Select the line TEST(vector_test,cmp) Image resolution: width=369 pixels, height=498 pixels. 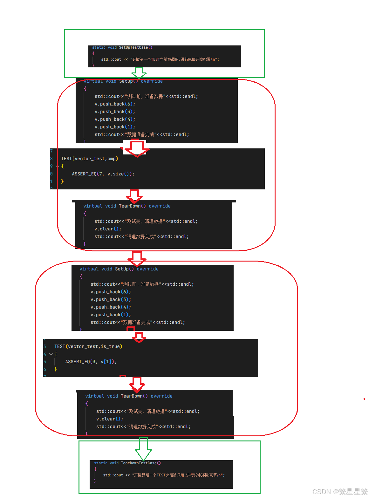pyautogui.click(x=89, y=159)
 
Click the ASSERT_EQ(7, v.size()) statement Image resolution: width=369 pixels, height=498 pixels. pyautogui.click(x=103, y=174)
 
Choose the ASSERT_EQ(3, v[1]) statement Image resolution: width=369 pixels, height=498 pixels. pyautogui.click(x=91, y=362)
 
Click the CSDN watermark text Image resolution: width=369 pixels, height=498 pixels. pyautogui.click(x=339, y=491)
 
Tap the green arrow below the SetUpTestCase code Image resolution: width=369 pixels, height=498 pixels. pyautogui.click(x=139, y=73)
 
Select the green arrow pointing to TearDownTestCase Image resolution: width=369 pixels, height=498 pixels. pyautogui.click(x=143, y=449)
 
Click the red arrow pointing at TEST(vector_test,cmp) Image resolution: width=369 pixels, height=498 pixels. pyautogui.click(x=137, y=149)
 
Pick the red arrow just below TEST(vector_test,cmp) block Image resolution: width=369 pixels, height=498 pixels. pyautogui.click(x=134, y=196)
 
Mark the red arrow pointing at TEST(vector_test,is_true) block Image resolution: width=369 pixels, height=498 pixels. pyautogui.click(x=139, y=338)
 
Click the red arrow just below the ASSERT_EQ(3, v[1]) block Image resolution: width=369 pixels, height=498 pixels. pyautogui.click(x=137, y=385)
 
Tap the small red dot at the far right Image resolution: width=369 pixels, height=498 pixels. pyautogui.click(x=364, y=399)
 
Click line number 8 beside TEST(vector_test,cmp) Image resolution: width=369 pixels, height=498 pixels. pyautogui.click(x=51, y=159)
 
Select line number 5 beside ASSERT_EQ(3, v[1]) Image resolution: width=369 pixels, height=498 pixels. pyautogui.click(x=45, y=362)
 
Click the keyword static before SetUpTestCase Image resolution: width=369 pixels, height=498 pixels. pyautogui.click(x=99, y=47)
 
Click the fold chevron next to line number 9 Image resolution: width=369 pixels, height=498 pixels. pyautogui.click(x=58, y=166)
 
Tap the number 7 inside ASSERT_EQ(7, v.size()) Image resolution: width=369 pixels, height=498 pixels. pyautogui.click(x=100, y=174)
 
